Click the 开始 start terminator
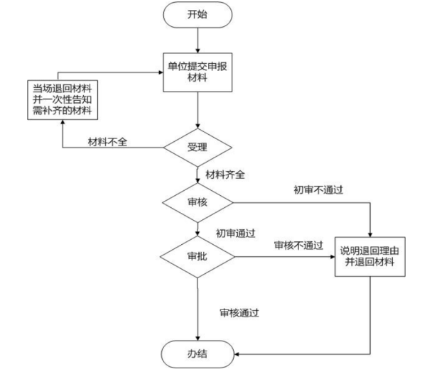pyautogui.click(x=198, y=15)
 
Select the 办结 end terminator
pyautogui.click(x=198, y=352)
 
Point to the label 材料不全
pyautogui.click(x=107, y=143)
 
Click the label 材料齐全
pyautogui.click(x=225, y=174)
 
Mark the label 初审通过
pyautogui.click(x=236, y=232)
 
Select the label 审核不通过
pyautogui.click(x=298, y=245)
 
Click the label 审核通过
pyautogui.click(x=239, y=312)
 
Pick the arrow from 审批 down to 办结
pyautogui.click(x=198, y=305)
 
